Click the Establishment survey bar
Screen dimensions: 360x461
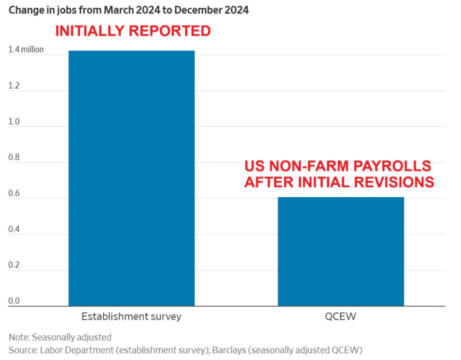click(x=132, y=178)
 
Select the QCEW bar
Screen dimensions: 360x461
click(x=341, y=252)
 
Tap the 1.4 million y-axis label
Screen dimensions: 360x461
click(x=26, y=49)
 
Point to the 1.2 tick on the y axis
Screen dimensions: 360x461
click(x=14, y=85)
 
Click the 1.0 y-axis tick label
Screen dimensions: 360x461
click(x=14, y=121)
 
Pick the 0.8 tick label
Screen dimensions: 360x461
click(x=14, y=157)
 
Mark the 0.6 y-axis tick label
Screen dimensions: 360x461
click(x=14, y=193)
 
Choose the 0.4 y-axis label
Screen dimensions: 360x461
click(x=14, y=229)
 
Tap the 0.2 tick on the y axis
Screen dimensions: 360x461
click(x=14, y=265)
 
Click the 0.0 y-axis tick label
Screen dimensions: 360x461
click(x=14, y=301)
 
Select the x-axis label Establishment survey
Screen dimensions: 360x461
click(x=131, y=317)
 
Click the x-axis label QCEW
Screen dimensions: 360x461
click(x=341, y=317)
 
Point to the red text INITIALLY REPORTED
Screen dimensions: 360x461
click(x=133, y=31)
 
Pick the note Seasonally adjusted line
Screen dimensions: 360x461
click(x=60, y=337)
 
